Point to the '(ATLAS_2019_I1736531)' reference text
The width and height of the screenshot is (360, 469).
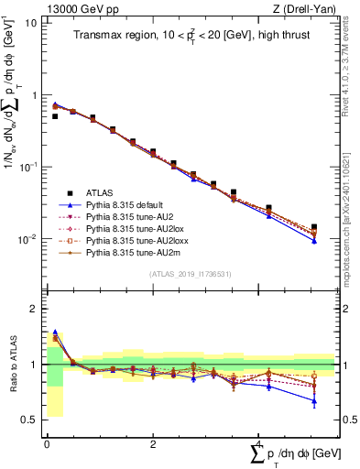click(189, 274)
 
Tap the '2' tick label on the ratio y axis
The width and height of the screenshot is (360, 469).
click(35, 309)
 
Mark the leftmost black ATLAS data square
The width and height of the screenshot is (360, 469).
click(55, 116)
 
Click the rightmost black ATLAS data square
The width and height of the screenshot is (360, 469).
click(314, 227)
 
